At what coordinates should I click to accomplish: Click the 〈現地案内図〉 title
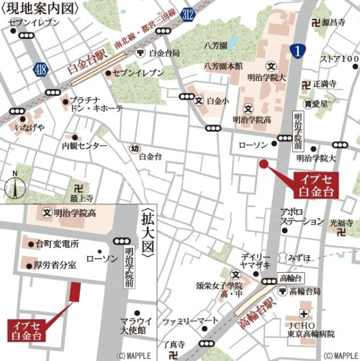pos(40,8)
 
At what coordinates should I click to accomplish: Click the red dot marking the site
pos(264,164)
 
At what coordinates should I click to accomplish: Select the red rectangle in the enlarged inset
pos(75,292)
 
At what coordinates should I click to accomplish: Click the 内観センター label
pos(84,147)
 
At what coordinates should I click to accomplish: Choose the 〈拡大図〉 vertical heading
pos(148,231)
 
